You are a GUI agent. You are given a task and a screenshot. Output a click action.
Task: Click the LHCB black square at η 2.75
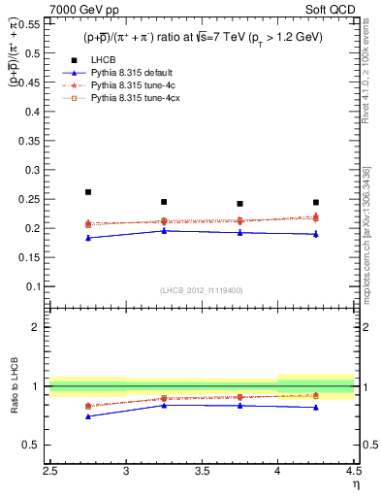[88, 192]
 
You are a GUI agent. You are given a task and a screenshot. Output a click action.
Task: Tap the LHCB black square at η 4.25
[316, 202]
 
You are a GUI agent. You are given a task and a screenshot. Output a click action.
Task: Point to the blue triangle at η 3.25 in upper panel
[164, 231]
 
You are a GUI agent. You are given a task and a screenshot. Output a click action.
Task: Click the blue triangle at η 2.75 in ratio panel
[88, 416]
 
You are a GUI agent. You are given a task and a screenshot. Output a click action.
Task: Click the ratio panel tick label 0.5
[33, 445]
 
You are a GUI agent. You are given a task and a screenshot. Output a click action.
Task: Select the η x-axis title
[356, 485]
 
